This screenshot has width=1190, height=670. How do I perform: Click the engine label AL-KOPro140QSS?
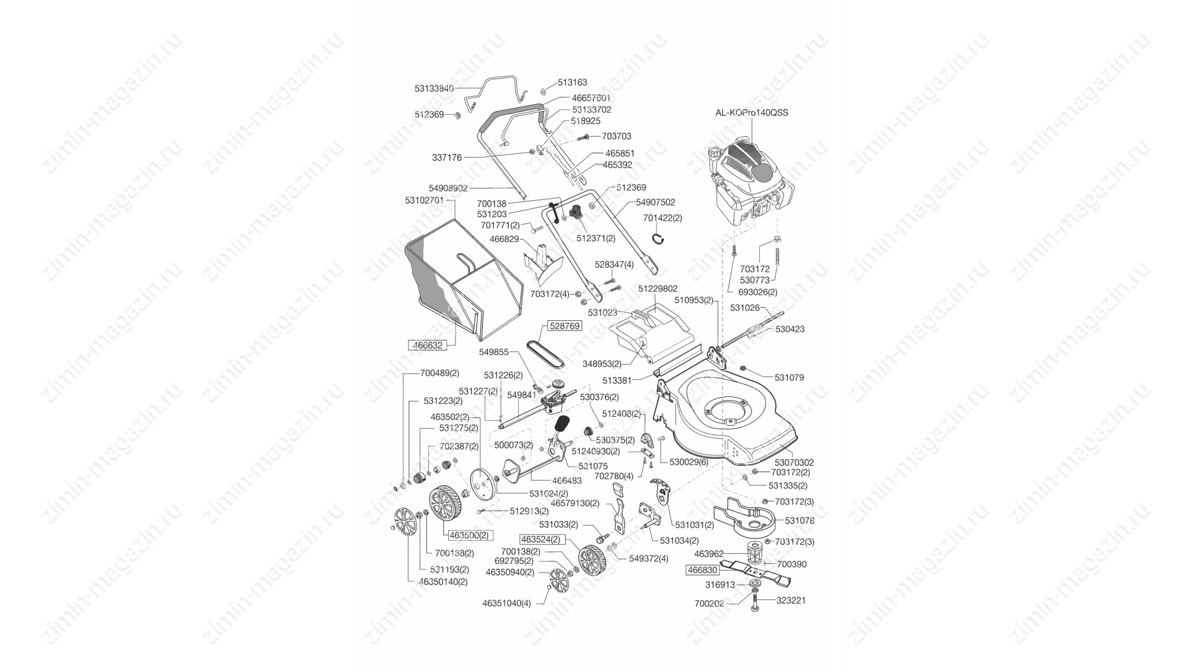point(752,113)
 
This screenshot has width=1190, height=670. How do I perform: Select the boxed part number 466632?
point(428,346)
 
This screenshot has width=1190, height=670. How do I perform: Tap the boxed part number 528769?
point(564,326)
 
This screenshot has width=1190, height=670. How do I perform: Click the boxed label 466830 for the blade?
point(702,570)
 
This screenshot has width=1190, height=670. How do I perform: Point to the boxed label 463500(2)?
point(469,535)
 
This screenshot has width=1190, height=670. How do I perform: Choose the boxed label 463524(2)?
point(540,539)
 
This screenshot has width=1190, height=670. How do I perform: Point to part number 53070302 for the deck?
point(794,462)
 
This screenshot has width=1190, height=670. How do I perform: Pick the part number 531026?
point(744,308)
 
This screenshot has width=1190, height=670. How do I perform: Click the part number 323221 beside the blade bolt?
point(790,601)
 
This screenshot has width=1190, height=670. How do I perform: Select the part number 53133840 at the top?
point(434,89)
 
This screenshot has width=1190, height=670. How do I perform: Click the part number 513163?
point(572,82)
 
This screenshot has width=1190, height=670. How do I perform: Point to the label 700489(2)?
point(439,373)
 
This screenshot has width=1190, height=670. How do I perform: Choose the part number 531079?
point(789,377)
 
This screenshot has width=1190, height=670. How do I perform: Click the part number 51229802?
point(658,288)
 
